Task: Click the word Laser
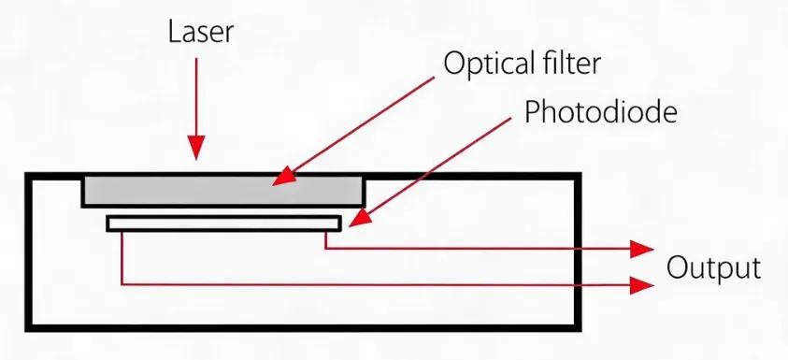(201, 32)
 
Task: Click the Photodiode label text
(600, 112)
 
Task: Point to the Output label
(713, 268)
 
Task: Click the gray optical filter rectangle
(223, 191)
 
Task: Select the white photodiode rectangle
(224, 223)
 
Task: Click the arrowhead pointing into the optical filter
(282, 179)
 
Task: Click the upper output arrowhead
(642, 249)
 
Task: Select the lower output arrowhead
(642, 285)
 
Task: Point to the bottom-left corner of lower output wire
(122, 284)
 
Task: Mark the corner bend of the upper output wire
(325, 248)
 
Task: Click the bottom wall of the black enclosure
(304, 328)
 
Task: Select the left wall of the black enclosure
(29, 252)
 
